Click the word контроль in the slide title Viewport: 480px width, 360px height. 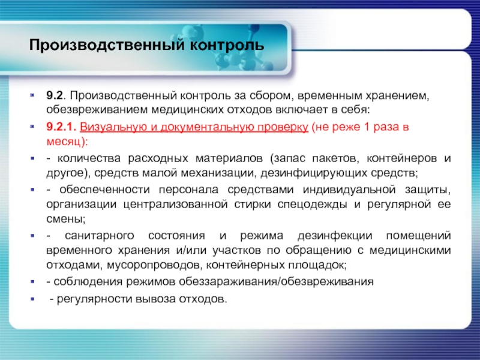point(227,45)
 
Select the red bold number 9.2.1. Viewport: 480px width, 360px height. point(61,127)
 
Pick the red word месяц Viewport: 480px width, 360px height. point(64,142)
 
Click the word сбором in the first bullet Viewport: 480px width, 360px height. point(268,96)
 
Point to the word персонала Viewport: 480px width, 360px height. point(188,190)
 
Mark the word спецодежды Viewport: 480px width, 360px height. point(312,205)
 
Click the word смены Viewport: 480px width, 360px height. point(64,219)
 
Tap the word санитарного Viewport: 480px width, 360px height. point(100,236)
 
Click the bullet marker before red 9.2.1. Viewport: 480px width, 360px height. point(32,126)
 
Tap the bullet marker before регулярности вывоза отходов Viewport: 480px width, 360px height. point(32,298)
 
